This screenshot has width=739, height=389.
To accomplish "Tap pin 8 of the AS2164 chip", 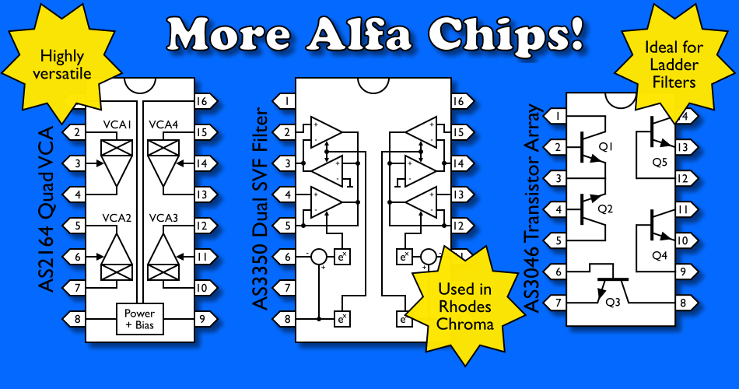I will [x=75, y=317].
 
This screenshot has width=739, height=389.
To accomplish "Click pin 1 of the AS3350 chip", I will [x=285, y=101].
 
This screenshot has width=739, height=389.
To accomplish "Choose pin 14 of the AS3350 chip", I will [x=459, y=163].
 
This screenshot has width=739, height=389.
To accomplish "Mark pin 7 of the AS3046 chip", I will [x=555, y=302].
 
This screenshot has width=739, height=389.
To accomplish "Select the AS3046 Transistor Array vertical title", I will [x=534, y=208].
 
